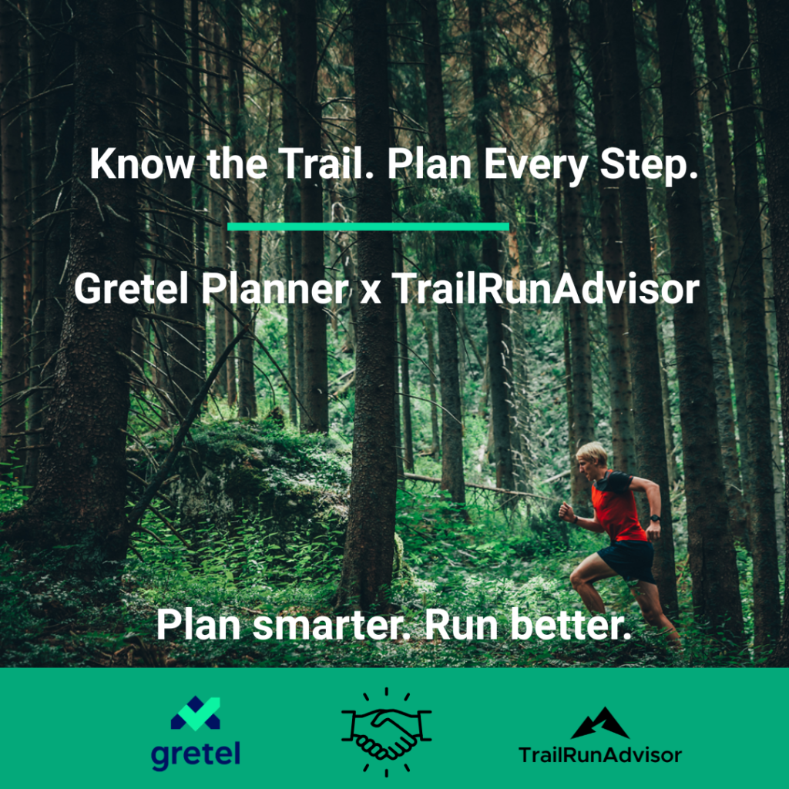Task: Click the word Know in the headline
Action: pyautogui.click(x=142, y=163)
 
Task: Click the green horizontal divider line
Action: pyautogui.click(x=368, y=227)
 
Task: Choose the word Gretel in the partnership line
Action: pyautogui.click(x=131, y=288)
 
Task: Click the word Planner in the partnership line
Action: pyautogui.click(x=275, y=288)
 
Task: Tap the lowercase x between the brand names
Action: pyautogui.click(x=371, y=292)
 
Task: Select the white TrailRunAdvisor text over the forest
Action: pyautogui.click(x=546, y=288)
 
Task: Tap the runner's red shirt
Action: pyautogui.click(x=616, y=505)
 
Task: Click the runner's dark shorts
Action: pyautogui.click(x=627, y=560)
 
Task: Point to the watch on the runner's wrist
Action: pyautogui.click(x=655, y=518)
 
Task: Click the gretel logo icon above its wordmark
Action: pyautogui.click(x=195, y=713)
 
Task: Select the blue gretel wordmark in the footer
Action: pyautogui.click(x=195, y=755)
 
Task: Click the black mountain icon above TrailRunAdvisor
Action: pyautogui.click(x=599, y=723)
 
